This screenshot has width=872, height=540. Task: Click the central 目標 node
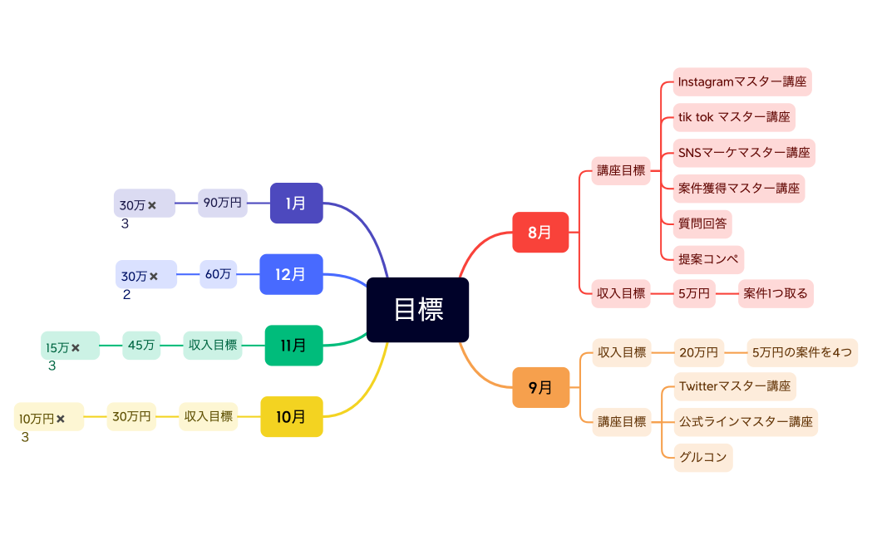pos(417,309)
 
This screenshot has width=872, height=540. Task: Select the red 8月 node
pos(539,232)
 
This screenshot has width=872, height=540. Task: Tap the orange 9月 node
pos(539,387)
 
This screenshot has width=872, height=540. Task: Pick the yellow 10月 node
pos(291,416)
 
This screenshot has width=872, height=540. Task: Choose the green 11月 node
pos(293,345)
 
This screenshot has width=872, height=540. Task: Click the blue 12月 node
pos(290,274)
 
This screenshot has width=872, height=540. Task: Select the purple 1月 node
pos(296,203)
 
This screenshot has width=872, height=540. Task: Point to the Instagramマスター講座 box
pos(741,81)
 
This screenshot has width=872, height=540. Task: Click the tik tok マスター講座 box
pos(733,117)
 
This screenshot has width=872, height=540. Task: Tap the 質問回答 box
pos(702,223)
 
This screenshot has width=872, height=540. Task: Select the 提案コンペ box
pos(707,259)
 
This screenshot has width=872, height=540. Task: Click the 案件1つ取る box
pos(776,293)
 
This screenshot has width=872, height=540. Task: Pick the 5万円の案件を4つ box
pos(801,352)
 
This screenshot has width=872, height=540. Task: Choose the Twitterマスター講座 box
pos(734,386)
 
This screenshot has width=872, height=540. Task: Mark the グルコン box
pos(702,457)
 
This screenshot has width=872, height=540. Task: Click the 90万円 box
pos(222,203)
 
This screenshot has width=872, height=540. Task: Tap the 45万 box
pos(141,345)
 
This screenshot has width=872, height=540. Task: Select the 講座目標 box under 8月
pos(620,170)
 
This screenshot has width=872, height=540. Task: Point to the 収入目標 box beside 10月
pos(208,416)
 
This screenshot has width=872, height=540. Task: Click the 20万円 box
pos(697,352)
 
